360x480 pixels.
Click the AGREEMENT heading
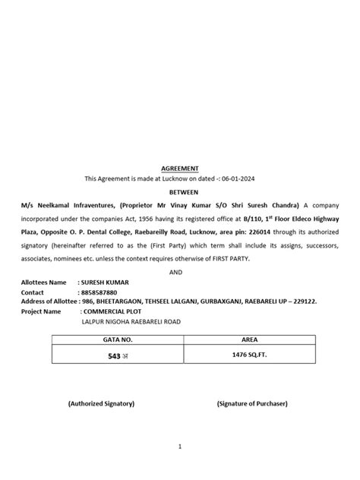point(179,168)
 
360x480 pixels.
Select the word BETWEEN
point(179,193)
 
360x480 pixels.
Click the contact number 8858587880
point(103,292)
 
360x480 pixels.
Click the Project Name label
point(41,311)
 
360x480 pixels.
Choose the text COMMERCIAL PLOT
point(113,311)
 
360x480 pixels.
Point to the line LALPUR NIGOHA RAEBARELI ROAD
point(126,321)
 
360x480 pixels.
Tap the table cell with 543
point(112,355)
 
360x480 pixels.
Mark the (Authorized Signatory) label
point(101,403)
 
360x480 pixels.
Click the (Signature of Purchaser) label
point(251,403)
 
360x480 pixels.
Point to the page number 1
point(179,447)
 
